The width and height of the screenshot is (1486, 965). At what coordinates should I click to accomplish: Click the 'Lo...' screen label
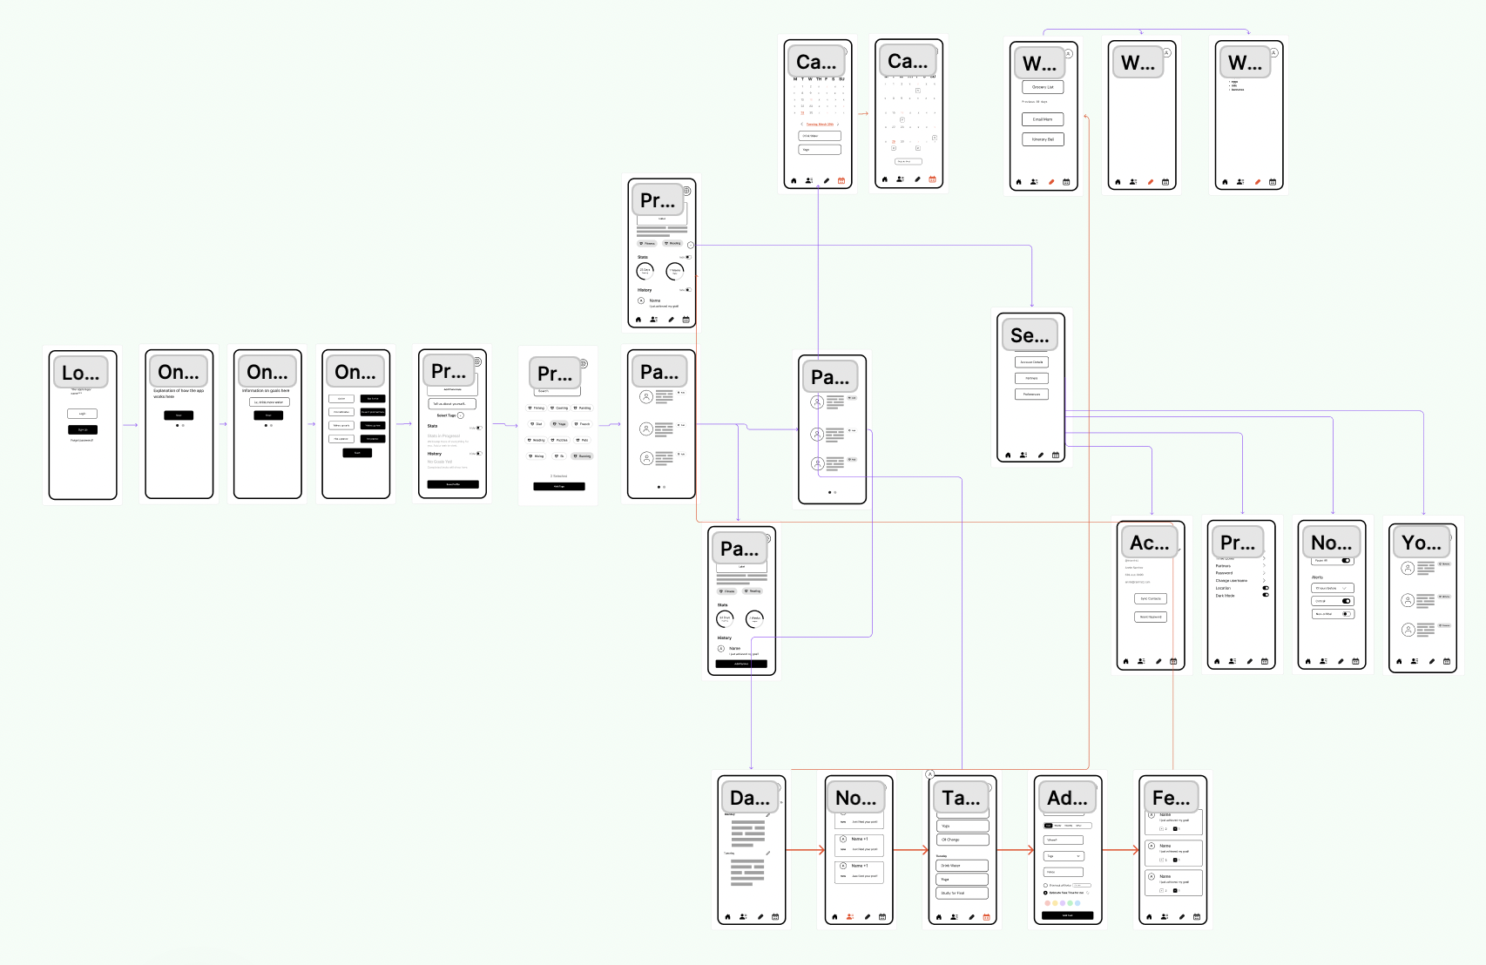click(x=81, y=373)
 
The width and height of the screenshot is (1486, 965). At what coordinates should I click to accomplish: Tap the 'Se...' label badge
click(x=1030, y=335)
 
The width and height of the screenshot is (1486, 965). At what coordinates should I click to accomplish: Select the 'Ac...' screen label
click(x=1150, y=543)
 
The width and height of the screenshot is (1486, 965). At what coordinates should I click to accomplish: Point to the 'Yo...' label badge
click(x=1422, y=543)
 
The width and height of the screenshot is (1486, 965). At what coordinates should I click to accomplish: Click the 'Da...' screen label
click(x=750, y=798)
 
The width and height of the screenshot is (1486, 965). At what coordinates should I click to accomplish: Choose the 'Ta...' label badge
click(x=962, y=798)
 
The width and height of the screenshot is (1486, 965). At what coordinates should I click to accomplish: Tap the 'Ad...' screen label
click(x=1068, y=798)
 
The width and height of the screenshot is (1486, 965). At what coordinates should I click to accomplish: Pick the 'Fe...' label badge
click(x=1172, y=798)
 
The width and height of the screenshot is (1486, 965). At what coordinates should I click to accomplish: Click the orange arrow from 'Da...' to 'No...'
click(x=806, y=850)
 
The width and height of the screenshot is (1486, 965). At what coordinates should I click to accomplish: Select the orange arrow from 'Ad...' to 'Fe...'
click(x=1121, y=850)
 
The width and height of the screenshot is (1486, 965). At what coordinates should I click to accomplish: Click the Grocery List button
click(x=1043, y=87)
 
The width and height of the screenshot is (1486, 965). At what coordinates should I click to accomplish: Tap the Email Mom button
click(x=1043, y=119)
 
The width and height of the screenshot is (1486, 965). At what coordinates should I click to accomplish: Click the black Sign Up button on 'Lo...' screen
click(x=83, y=429)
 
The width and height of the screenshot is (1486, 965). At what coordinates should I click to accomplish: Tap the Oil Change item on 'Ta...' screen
click(x=963, y=840)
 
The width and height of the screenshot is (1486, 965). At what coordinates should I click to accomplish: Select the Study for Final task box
click(x=963, y=893)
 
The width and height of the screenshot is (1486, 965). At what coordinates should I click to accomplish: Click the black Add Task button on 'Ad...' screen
click(x=1068, y=915)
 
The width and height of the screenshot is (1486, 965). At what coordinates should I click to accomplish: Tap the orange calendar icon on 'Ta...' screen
click(x=987, y=917)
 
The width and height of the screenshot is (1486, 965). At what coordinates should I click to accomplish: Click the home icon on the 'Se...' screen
click(x=1009, y=455)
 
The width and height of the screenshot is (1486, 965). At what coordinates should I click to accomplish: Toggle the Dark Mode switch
click(x=1266, y=595)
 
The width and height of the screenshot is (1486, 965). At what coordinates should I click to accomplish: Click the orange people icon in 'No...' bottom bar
click(x=851, y=917)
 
